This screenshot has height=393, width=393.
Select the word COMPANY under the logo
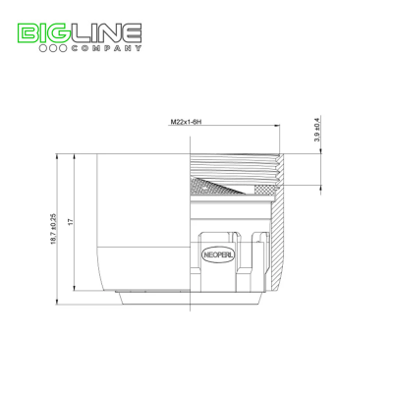(107, 48)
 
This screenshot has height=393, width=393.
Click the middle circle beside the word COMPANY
(53, 48)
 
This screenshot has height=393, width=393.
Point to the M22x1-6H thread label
(186, 122)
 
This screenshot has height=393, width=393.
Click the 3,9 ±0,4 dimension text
(317, 130)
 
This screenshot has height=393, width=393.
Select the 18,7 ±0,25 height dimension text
(54, 229)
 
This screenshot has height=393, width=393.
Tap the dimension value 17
(71, 222)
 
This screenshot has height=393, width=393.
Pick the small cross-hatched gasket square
(264, 190)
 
